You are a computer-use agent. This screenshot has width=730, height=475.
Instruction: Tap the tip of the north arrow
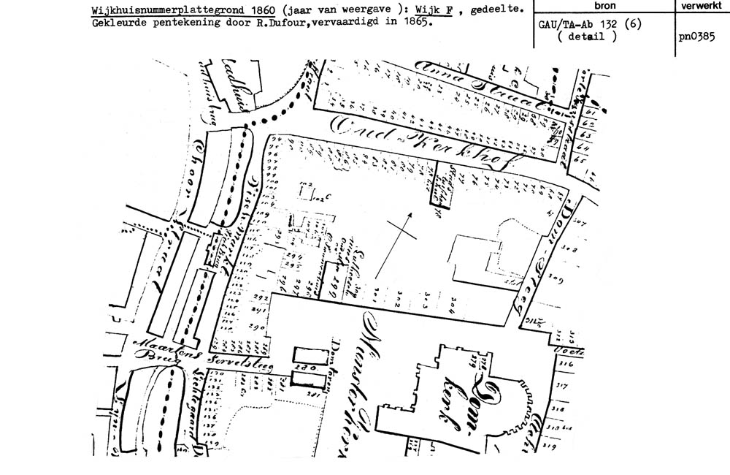(410, 213)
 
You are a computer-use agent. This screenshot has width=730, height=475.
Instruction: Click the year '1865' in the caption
(415, 22)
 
